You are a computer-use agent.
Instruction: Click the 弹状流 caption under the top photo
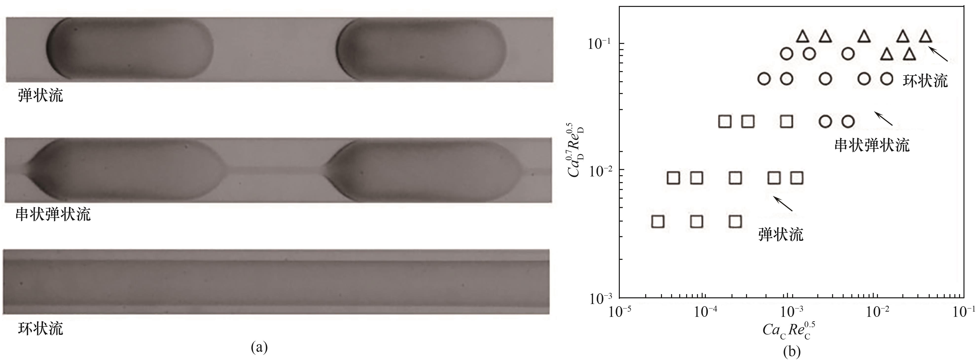[x=40, y=95]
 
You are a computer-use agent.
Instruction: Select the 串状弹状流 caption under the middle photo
[x=53, y=215]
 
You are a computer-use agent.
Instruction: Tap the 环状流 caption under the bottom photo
[x=40, y=328]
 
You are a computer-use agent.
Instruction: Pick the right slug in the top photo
[x=422, y=49]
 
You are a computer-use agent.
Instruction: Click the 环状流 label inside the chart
[x=925, y=80]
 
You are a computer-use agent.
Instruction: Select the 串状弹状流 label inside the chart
[x=872, y=145]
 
